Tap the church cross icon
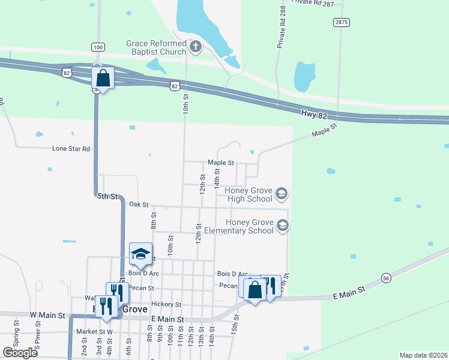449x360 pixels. (195, 46)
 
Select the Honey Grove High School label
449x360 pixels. (249, 194)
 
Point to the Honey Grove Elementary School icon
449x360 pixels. (282, 226)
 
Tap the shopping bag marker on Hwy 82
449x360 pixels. (103, 79)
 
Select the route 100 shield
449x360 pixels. (98, 47)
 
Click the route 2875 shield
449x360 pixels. (342, 22)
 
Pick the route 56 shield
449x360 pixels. (386, 278)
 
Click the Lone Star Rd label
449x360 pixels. (71, 148)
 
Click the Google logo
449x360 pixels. (20, 352)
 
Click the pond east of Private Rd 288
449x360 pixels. (304, 76)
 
